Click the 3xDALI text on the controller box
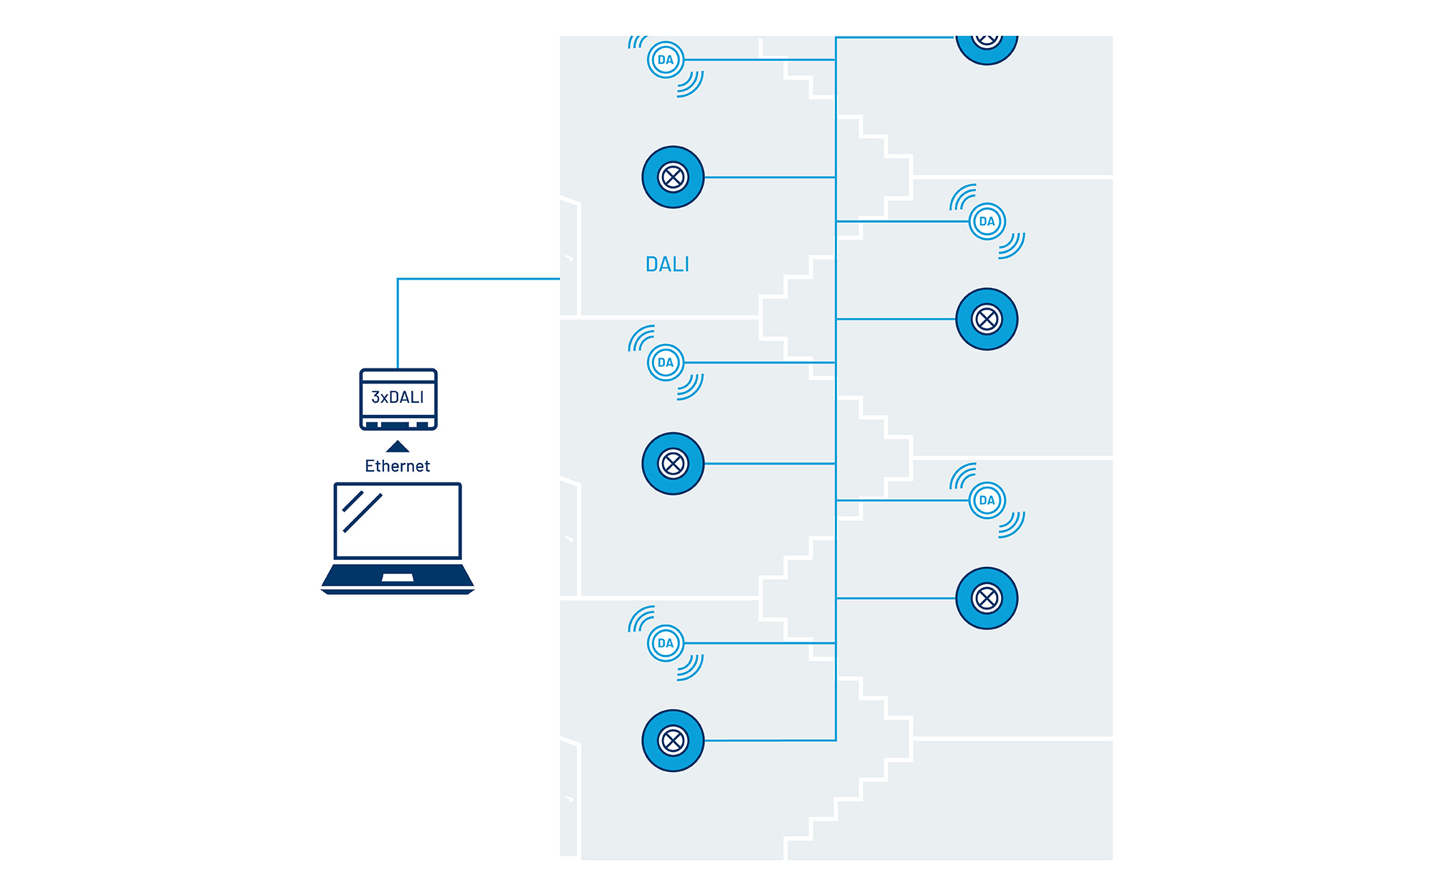point(398,397)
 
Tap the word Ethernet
point(398,466)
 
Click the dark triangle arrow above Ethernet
point(398,447)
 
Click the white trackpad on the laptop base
point(398,578)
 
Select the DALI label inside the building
point(667,264)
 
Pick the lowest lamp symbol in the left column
point(673,740)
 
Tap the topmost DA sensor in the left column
point(666,60)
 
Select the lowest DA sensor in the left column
point(666,643)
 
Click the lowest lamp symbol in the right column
point(987,599)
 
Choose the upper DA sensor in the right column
point(987,221)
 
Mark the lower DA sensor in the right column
point(987,500)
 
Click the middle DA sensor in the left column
point(666,363)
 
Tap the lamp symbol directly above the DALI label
point(673,177)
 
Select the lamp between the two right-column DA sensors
point(987,319)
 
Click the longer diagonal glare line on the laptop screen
point(363,513)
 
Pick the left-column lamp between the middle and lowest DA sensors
point(673,464)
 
